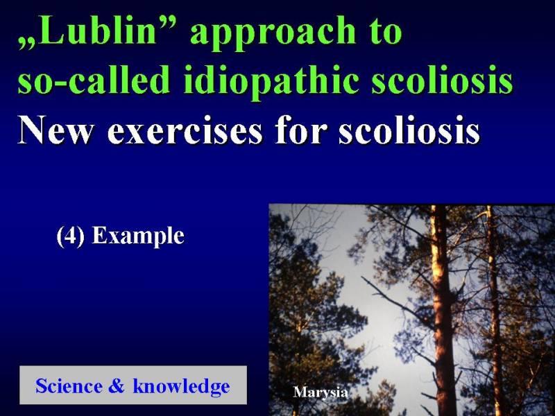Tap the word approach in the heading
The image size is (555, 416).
pyautogui.click(x=273, y=33)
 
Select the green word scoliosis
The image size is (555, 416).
pyautogui.click(x=442, y=79)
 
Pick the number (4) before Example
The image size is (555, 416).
pyautogui.click(x=71, y=236)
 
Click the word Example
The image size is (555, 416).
pyautogui.click(x=138, y=236)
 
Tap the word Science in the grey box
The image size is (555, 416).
pyautogui.click(x=69, y=385)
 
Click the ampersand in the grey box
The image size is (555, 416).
pyautogui.click(x=117, y=385)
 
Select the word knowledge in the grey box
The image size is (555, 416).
pyautogui.click(x=181, y=386)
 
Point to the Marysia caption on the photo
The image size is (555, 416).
pyautogui.click(x=321, y=392)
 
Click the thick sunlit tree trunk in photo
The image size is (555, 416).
pyautogui.click(x=442, y=311)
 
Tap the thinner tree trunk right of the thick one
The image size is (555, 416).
pyautogui.click(x=494, y=311)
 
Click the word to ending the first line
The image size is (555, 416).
pyautogui.click(x=386, y=31)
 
